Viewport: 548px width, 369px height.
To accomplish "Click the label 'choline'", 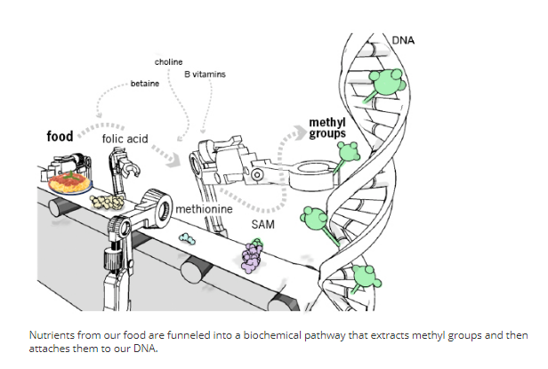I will point(169,62).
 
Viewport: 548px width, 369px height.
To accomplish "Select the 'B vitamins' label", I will point(205,75).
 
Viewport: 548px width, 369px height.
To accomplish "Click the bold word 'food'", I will point(60,137).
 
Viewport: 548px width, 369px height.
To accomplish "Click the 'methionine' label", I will point(204,209).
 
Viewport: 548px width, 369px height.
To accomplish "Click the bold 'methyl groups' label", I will point(326,127).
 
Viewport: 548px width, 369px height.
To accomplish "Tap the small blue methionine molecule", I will point(189,238).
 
